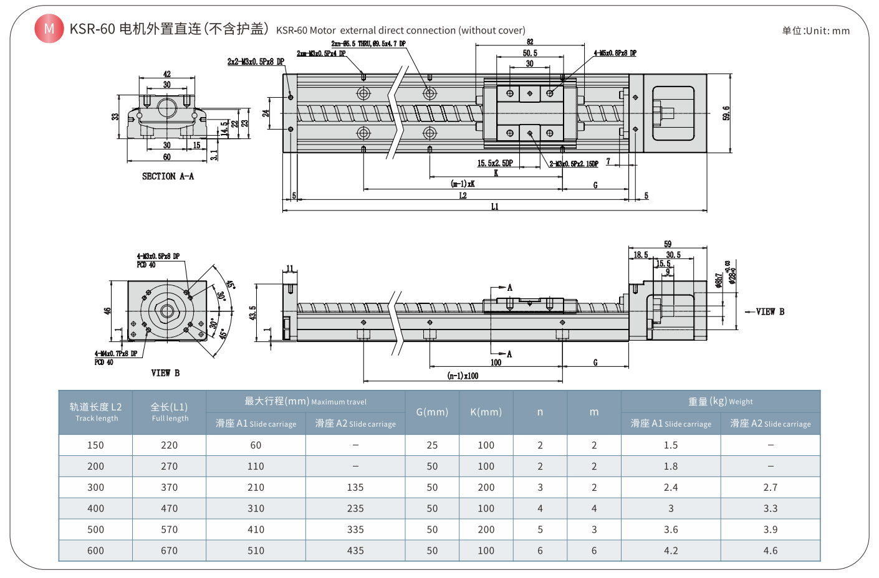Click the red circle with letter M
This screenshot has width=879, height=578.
(x=49, y=29)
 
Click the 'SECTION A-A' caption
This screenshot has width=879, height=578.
(x=168, y=176)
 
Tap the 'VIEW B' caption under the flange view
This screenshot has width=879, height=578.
(x=165, y=373)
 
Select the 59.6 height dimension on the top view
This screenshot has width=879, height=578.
(x=726, y=113)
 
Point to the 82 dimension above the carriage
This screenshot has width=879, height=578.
(x=530, y=42)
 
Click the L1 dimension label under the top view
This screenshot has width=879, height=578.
(x=494, y=207)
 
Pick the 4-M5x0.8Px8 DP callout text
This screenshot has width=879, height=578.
(x=615, y=54)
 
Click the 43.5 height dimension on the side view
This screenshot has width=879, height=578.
(x=252, y=313)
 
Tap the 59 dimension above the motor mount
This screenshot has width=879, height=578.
(x=668, y=244)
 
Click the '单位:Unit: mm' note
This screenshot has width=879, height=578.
(x=815, y=31)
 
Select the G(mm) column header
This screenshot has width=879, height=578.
(x=432, y=412)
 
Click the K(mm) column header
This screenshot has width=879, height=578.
(x=486, y=412)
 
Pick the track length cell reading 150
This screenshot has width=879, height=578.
(x=95, y=445)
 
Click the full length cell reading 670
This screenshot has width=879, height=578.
(x=169, y=551)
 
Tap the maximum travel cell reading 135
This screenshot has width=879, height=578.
(x=355, y=488)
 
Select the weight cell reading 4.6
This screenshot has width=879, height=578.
(x=771, y=551)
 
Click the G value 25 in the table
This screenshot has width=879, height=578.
(x=432, y=445)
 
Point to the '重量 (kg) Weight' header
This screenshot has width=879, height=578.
(x=720, y=402)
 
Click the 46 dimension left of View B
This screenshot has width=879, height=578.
(x=107, y=310)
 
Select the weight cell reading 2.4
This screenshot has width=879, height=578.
(x=671, y=488)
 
